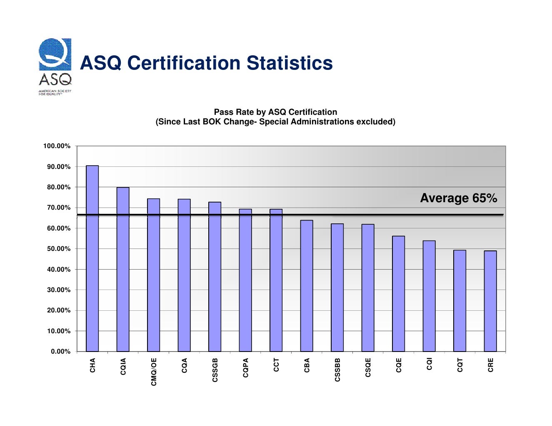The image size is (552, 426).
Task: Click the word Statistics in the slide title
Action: click(x=290, y=63)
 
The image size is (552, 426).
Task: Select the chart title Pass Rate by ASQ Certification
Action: click(x=275, y=112)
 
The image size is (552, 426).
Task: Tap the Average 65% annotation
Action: click(x=458, y=198)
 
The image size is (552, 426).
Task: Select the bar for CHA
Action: click(x=92, y=258)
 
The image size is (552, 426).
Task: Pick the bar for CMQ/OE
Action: click(x=153, y=275)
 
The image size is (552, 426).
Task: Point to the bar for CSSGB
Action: click(x=215, y=277)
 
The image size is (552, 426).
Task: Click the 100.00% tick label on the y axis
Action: click(x=57, y=146)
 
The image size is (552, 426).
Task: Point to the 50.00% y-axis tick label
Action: click(x=58, y=249)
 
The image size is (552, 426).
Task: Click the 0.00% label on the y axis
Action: click(x=60, y=352)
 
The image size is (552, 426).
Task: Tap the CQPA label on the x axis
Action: click(x=246, y=368)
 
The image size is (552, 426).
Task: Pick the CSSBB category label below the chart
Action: click(x=337, y=369)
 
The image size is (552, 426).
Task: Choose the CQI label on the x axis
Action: click(x=430, y=364)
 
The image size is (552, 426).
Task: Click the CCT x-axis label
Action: click(x=276, y=365)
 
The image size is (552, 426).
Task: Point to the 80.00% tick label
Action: click(x=58, y=187)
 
